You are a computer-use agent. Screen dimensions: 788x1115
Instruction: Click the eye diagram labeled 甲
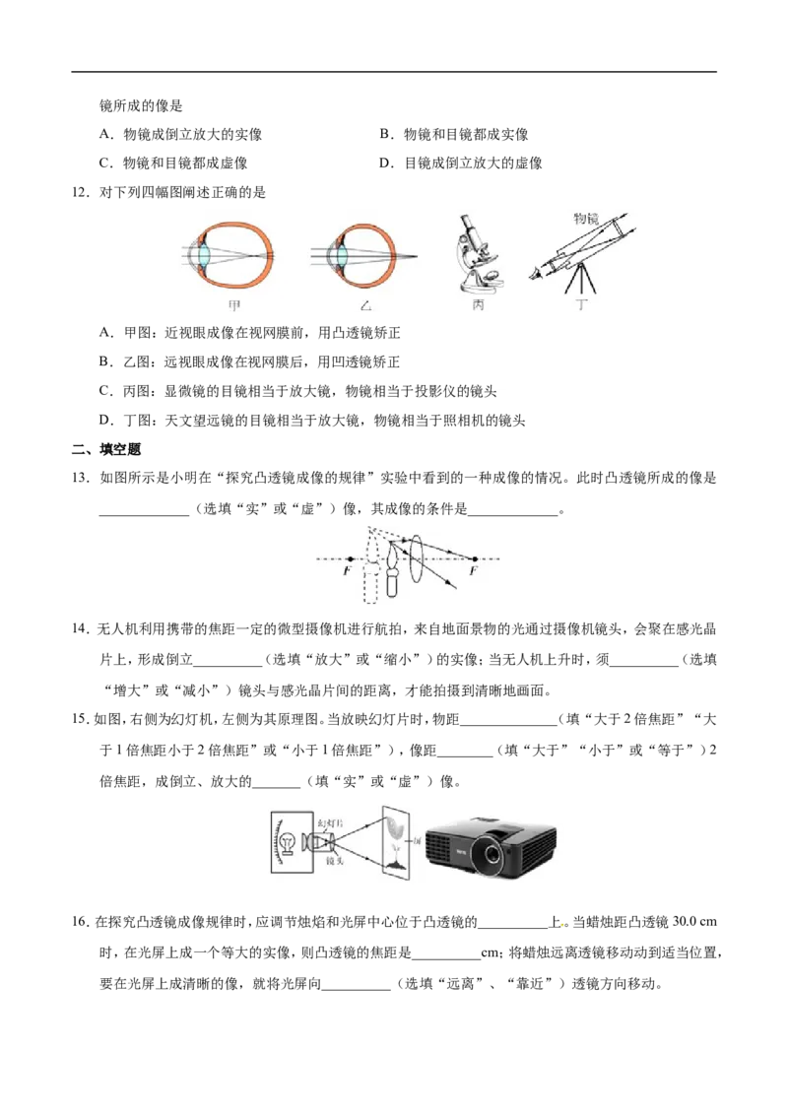(x=229, y=257)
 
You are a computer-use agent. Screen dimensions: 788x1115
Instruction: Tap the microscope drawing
(x=478, y=253)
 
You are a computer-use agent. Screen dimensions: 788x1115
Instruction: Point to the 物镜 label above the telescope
(x=586, y=219)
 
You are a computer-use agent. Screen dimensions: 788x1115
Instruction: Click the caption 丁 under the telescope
(x=582, y=304)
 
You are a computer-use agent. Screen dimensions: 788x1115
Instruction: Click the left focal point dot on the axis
(x=351, y=558)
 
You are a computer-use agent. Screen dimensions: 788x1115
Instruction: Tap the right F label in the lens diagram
(x=473, y=570)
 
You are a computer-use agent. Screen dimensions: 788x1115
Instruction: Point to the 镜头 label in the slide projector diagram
(x=334, y=861)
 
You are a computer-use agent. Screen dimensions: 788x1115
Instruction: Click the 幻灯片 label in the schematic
(x=331, y=822)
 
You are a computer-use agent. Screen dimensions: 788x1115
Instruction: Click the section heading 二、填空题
(x=106, y=449)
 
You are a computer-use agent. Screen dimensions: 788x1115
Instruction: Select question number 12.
(x=81, y=192)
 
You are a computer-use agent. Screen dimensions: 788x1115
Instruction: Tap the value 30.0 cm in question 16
(x=694, y=922)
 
